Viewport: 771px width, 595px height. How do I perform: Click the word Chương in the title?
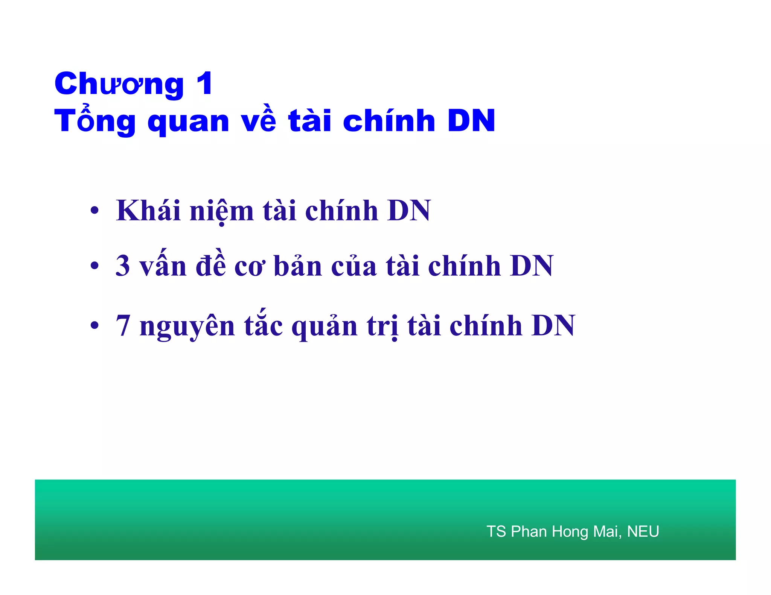[119, 84]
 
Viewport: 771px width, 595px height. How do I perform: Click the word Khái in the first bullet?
[148, 210]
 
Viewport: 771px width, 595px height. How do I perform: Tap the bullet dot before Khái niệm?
[94, 211]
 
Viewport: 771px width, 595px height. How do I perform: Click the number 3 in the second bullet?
[123, 266]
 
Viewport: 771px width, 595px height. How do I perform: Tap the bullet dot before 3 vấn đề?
[94, 266]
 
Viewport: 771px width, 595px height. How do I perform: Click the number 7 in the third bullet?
[123, 325]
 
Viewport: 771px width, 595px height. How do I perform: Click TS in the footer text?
[496, 531]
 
